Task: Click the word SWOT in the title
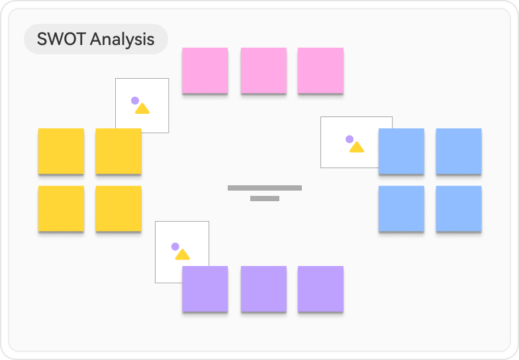tap(61, 40)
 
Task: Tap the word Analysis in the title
tap(122, 40)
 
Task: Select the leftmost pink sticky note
tap(205, 70)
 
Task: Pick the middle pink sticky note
tap(263, 70)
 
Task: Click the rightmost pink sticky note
tap(320, 70)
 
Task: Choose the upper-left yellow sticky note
tap(61, 151)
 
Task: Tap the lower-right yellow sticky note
tap(118, 208)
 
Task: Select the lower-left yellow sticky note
tap(61, 208)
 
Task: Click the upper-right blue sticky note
tap(459, 151)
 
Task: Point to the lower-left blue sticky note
tap(401, 208)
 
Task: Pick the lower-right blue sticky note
tap(459, 208)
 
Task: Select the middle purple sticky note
tap(263, 289)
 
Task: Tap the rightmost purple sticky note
tap(320, 289)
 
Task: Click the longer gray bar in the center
tap(265, 188)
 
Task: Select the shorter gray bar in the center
tap(265, 199)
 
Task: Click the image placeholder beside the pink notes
tap(142, 105)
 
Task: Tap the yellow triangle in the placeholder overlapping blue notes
tap(357, 147)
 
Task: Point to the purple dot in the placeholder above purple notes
tap(175, 246)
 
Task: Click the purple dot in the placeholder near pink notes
tap(135, 101)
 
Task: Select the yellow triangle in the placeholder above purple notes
tap(183, 255)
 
